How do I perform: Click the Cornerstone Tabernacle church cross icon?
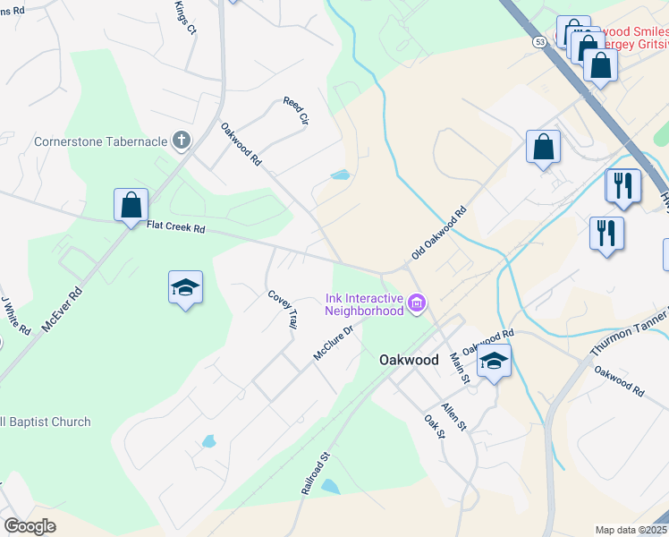182,140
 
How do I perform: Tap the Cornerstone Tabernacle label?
100,141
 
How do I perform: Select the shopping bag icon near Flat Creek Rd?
131,204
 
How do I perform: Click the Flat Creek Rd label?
176,228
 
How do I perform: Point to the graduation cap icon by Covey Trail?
185,288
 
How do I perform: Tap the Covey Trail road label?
281,309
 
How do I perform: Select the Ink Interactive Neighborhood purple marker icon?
416,304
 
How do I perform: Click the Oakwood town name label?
409,360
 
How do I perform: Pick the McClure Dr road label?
334,343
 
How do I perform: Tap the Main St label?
459,368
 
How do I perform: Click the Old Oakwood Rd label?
440,234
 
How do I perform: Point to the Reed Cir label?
296,111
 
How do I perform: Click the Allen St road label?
453,416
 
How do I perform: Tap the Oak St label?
435,426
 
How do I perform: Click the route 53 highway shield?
538,41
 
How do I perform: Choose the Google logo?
30,525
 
